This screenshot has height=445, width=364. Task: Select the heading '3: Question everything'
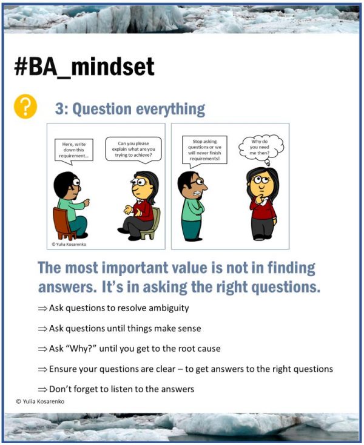click(130, 109)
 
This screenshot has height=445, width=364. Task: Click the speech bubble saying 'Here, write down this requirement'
click(73, 150)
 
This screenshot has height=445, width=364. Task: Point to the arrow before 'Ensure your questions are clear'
click(42, 369)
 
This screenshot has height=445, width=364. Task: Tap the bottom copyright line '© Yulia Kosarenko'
click(41, 401)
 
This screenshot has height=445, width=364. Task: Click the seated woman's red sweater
click(144, 208)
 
